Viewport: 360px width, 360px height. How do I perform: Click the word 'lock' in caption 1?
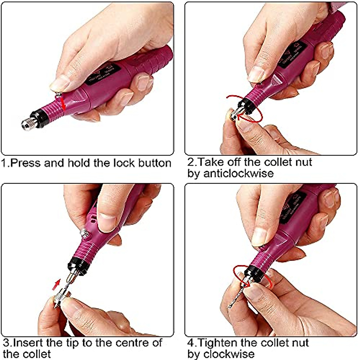pyautogui.click(x=124, y=163)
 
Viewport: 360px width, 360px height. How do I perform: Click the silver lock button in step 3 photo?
pyautogui.click(x=84, y=232)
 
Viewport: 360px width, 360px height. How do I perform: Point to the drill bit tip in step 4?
pyautogui.click(x=230, y=306)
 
